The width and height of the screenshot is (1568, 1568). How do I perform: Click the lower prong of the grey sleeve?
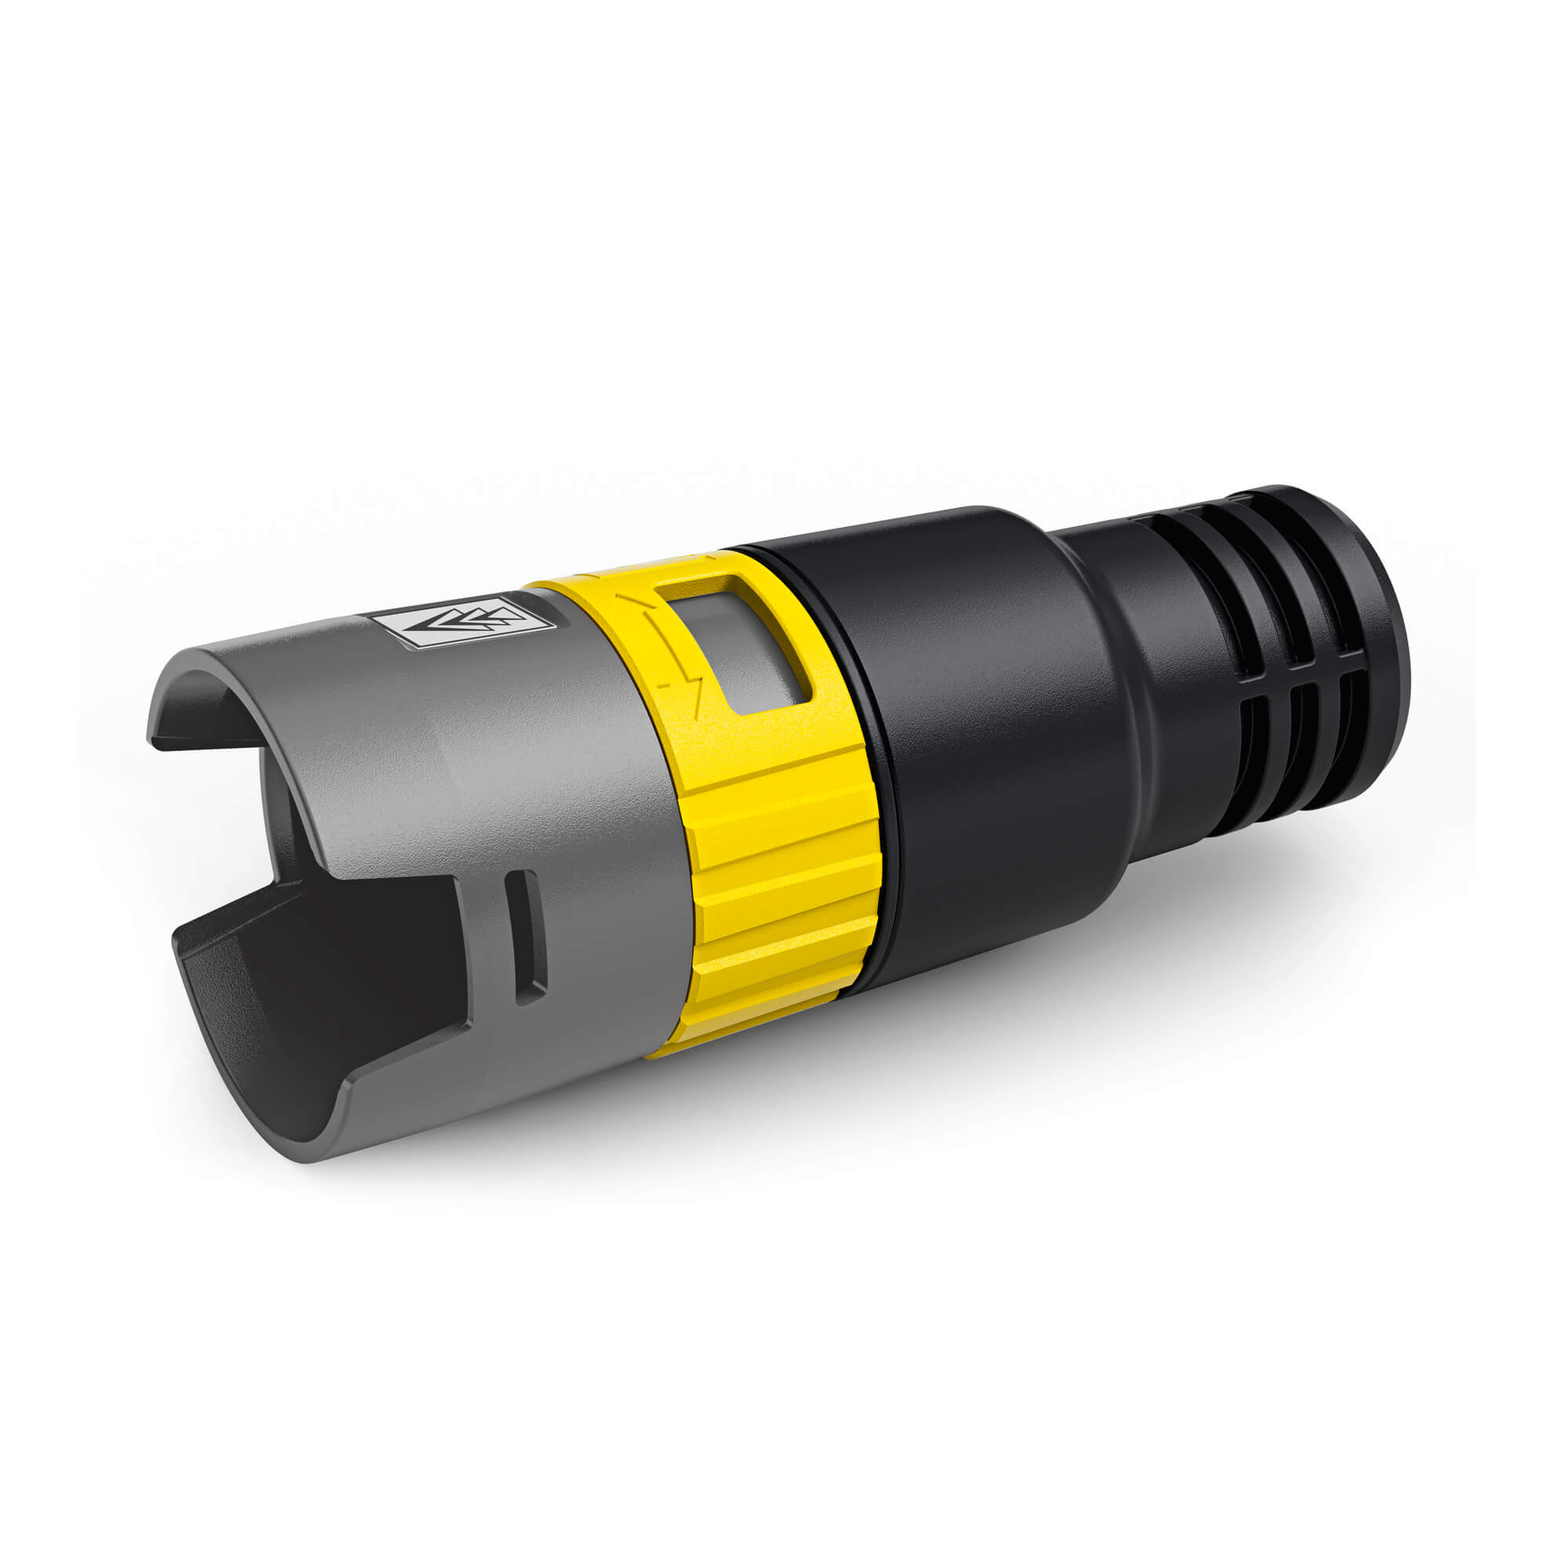tap(268, 1047)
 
